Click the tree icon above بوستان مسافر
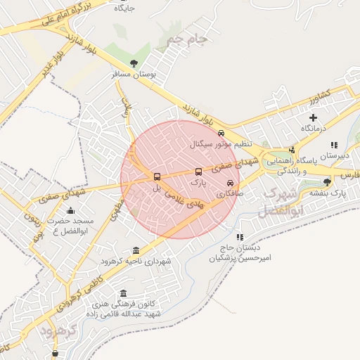click(134, 63)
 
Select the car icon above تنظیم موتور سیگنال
click(221, 133)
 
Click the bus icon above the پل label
click(157, 177)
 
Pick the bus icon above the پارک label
click(198, 171)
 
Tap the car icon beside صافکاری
click(230, 183)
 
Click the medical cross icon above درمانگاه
click(313, 117)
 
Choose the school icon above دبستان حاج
click(240, 237)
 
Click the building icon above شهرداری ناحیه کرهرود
click(136, 250)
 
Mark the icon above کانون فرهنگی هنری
click(124, 293)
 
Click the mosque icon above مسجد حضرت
click(70, 210)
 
